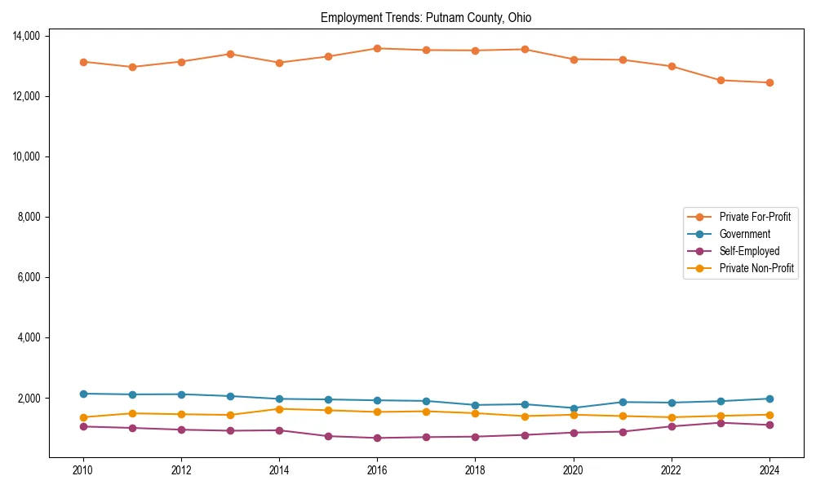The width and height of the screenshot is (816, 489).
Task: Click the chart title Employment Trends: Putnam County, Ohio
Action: (x=426, y=17)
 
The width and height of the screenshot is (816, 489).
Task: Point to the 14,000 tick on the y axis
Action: (x=28, y=36)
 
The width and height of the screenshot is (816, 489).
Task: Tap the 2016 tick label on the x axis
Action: (x=377, y=469)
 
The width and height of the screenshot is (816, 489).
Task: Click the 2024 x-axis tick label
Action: (x=769, y=469)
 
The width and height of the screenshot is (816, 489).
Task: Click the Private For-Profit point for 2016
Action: (x=377, y=48)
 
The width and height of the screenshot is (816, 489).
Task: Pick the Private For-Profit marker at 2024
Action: (x=769, y=82)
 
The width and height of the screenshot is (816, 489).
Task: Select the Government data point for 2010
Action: (x=83, y=394)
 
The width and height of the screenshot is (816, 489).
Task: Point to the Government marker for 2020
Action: (x=574, y=408)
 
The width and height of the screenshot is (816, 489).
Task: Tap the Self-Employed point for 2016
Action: (x=377, y=438)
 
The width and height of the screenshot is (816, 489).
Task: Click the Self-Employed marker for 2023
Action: (x=721, y=422)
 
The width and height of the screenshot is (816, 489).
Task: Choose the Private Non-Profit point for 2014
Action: (x=279, y=409)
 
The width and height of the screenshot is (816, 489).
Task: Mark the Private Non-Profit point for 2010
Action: (x=83, y=417)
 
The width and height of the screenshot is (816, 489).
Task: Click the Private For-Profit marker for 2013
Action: (x=230, y=54)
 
